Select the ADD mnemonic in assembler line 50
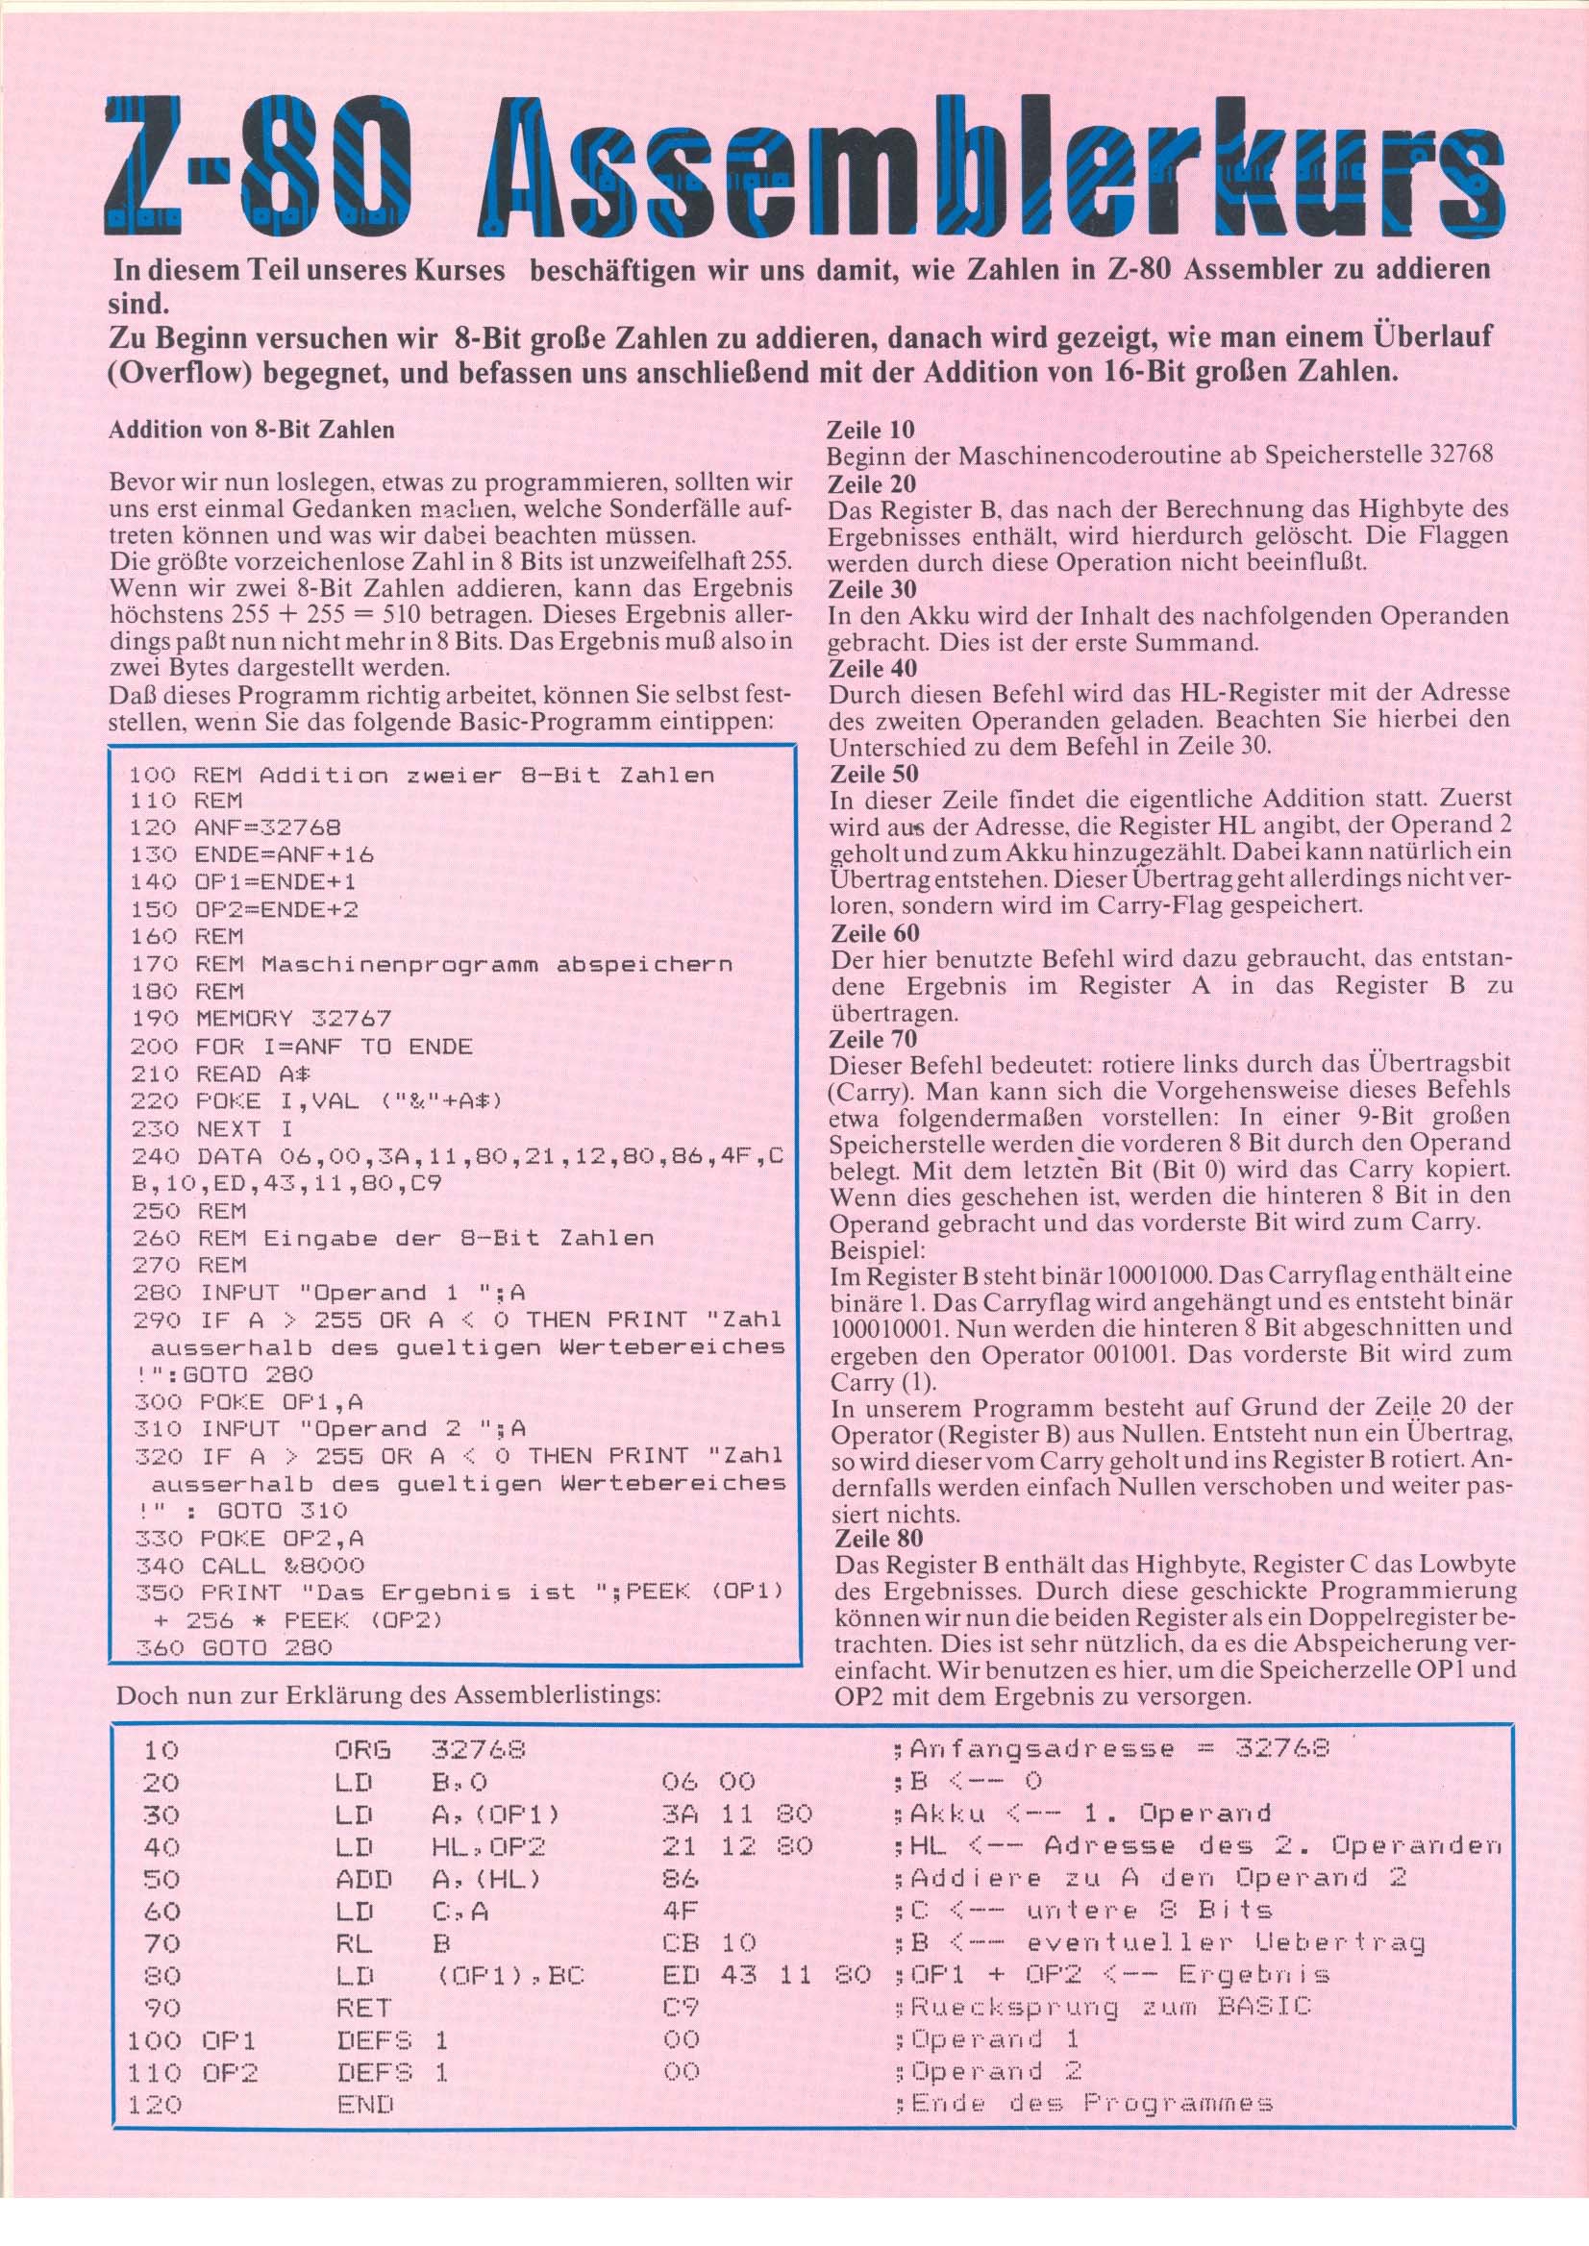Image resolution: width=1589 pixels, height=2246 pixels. click(x=363, y=1879)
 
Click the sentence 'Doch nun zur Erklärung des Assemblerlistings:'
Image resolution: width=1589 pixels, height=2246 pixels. click(x=387, y=1694)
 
